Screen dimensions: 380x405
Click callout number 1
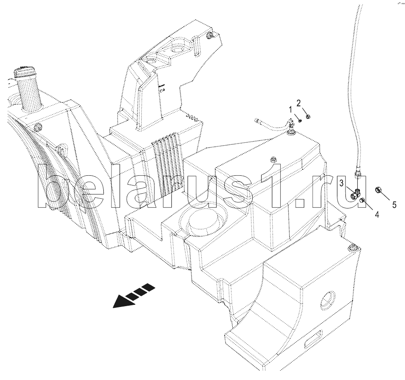[x=291, y=110]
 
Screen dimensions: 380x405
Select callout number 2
[x=299, y=103]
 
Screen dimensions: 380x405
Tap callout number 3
[x=342, y=183]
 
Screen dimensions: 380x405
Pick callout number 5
[x=394, y=205]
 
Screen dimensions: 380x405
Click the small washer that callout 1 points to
[x=299, y=121]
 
